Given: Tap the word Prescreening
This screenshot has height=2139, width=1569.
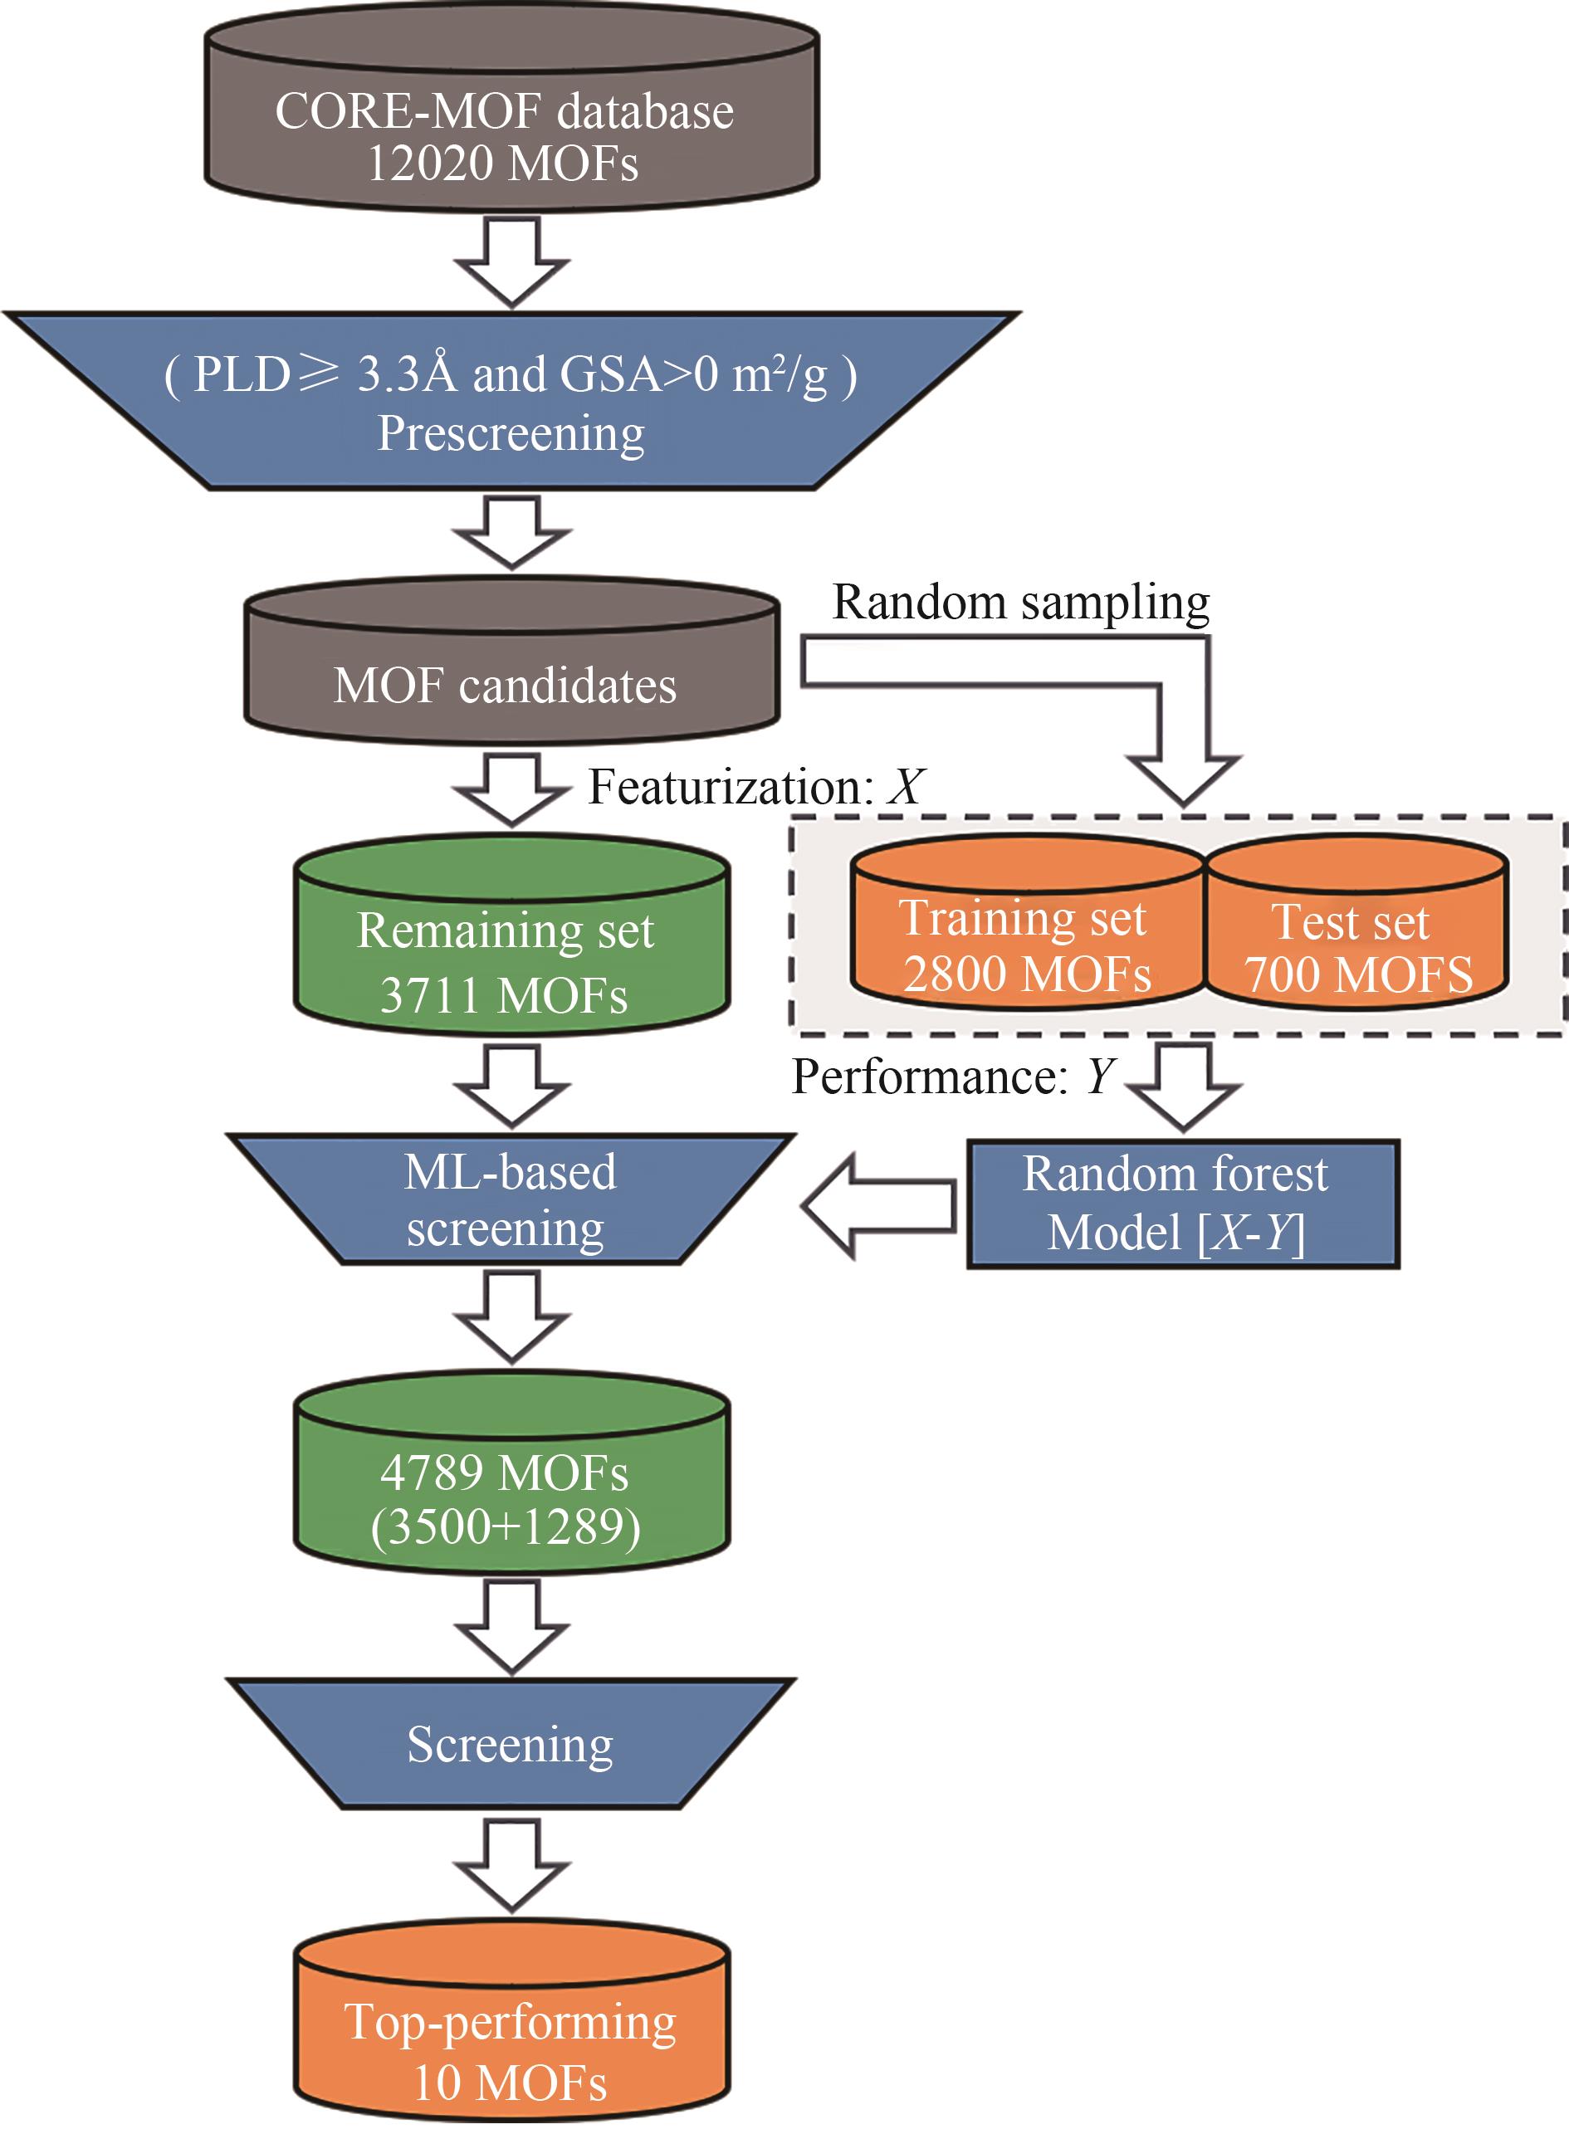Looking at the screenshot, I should tap(511, 434).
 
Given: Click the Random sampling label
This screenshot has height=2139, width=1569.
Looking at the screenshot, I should tap(1021, 602).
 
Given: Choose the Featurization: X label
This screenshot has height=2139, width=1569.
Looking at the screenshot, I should tap(755, 787).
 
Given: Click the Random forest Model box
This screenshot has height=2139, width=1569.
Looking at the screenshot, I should tap(1182, 1204).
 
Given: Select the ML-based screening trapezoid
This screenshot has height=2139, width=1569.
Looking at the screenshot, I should tap(511, 1200).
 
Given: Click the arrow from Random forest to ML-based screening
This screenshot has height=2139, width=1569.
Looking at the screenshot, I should tap(878, 1206).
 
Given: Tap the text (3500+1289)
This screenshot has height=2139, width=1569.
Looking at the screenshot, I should tap(506, 1526).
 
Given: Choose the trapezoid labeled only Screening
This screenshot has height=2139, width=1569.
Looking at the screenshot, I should tap(511, 1745).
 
